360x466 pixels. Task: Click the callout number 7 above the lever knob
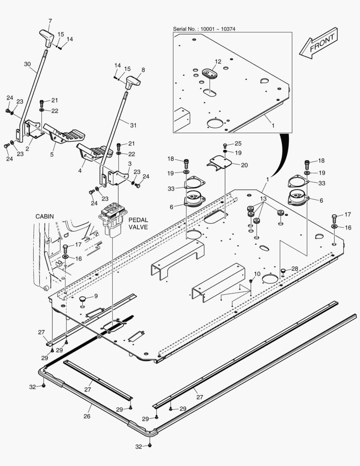click(50, 21)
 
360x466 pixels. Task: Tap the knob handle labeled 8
click(134, 81)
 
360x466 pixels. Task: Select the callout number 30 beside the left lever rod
click(28, 64)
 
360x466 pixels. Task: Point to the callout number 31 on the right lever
click(133, 125)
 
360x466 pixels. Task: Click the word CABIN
click(45, 216)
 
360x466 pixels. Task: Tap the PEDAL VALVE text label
click(138, 223)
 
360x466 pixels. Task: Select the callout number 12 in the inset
click(218, 62)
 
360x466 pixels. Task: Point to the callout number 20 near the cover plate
click(244, 165)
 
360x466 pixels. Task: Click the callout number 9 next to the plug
click(96, 296)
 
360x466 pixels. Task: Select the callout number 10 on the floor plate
click(257, 274)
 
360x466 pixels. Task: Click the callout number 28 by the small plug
click(294, 269)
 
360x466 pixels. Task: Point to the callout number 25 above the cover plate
click(238, 144)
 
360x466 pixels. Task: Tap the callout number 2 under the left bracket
click(27, 149)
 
